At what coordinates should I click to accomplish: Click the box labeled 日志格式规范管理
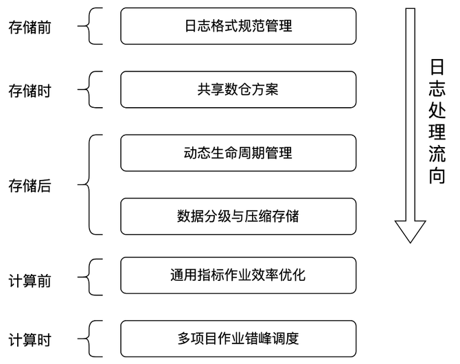tap(238, 26)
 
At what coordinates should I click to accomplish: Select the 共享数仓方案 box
tap(238, 89)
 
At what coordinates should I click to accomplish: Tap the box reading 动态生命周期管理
tap(238, 152)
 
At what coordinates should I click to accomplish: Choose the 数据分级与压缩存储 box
tap(238, 216)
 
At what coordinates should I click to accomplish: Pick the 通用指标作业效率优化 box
tap(238, 275)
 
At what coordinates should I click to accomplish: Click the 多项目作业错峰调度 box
tap(238, 339)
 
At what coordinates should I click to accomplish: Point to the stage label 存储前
tap(30, 28)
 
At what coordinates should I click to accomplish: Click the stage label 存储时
tap(30, 90)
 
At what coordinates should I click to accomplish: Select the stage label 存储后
tap(30, 185)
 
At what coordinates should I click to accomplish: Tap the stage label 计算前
tap(30, 282)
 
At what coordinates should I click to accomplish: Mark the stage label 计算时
tap(30, 340)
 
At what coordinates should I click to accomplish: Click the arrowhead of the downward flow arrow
tap(411, 231)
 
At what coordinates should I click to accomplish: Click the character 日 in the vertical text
tap(437, 68)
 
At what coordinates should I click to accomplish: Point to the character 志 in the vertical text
tap(437, 89)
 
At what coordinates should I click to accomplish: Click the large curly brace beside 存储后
tap(91, 184)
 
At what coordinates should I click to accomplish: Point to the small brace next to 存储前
tap(91, 27)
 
